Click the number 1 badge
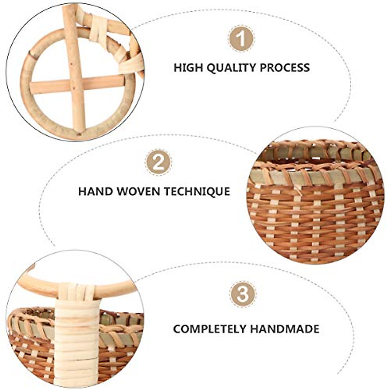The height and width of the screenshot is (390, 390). (241, 38)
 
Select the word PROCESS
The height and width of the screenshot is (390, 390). (285, 68)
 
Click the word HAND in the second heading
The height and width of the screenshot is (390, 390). (95, 191)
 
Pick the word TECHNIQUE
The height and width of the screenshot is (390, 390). (197, 191)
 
